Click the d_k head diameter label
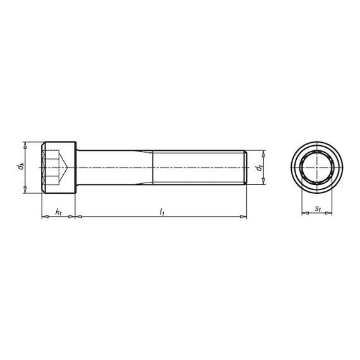[21, 167]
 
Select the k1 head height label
[58, 212]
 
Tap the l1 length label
[162, 212]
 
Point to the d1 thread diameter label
[259, 168]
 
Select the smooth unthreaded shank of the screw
[114, 167]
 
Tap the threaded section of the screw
[199, 167]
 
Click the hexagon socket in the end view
[316, 168]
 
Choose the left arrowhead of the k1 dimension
[44, 217]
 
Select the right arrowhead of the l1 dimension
[243, 217]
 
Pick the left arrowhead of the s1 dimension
[304, 213]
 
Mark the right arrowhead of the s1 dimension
[329, 213]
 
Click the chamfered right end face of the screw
[245, 167]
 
